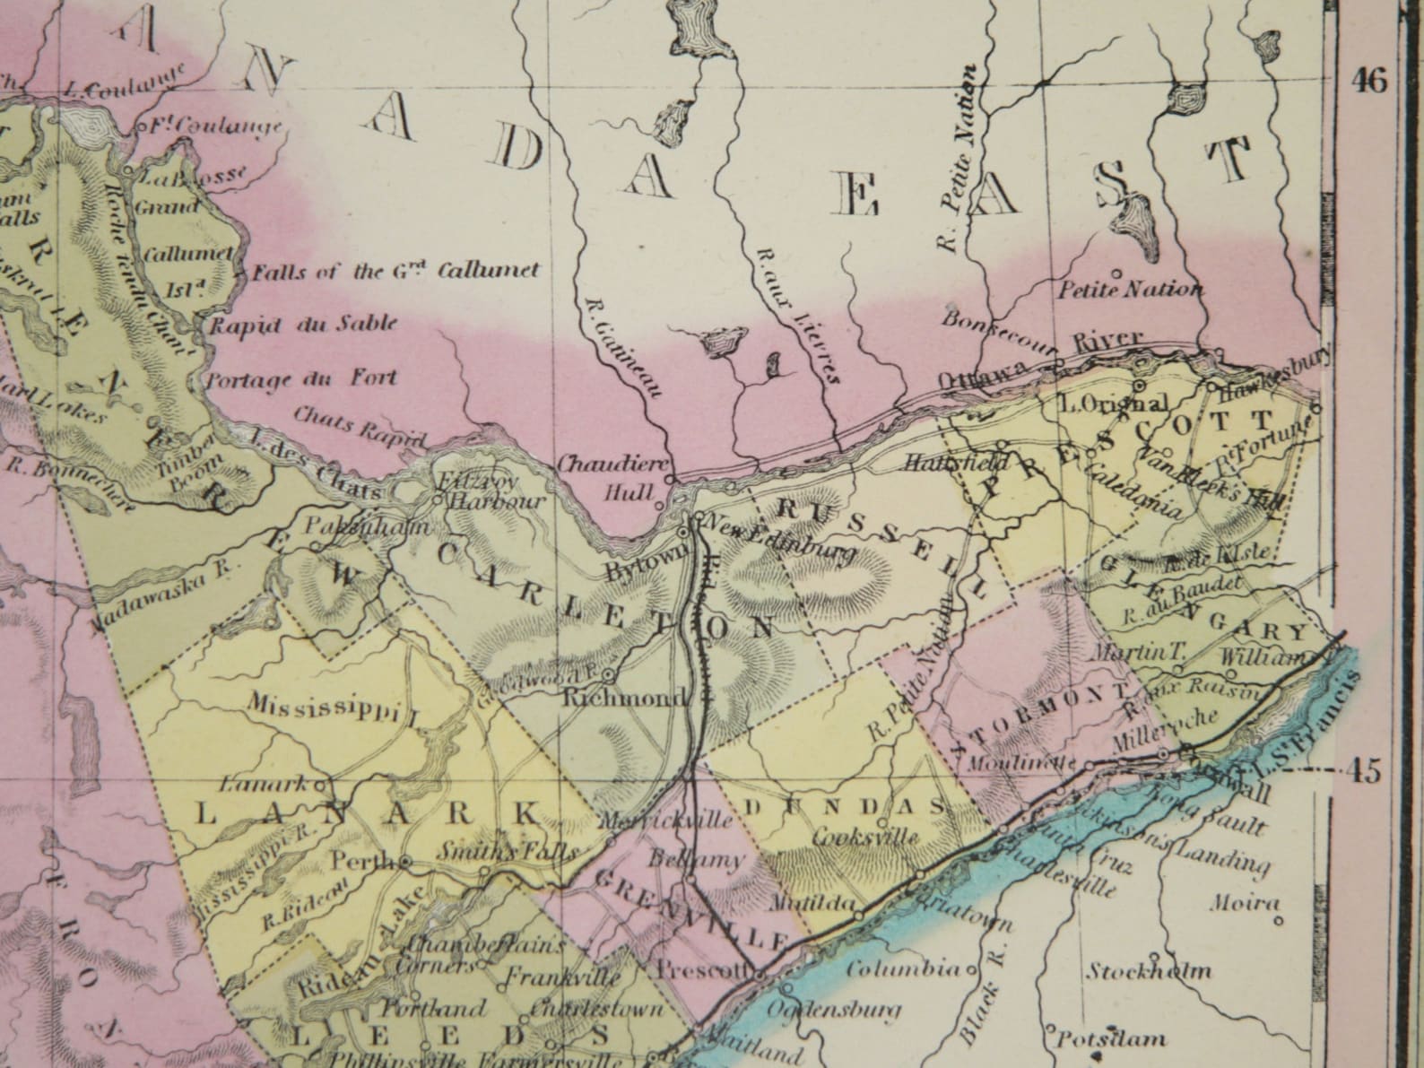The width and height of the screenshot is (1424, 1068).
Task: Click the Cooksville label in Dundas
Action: click(865, 838)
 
